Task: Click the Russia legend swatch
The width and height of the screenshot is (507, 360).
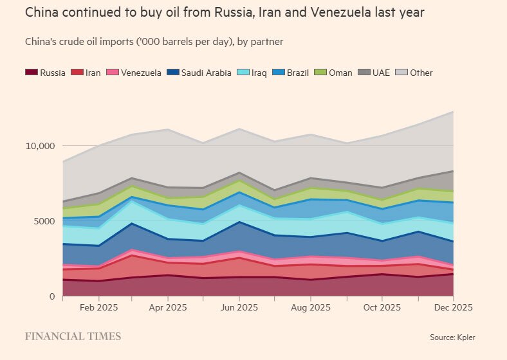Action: coord(32,73)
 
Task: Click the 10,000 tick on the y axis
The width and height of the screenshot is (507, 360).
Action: coord(41,146)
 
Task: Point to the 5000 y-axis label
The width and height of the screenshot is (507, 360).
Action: coord(44,221)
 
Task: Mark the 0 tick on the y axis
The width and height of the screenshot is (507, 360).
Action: coord(53,296)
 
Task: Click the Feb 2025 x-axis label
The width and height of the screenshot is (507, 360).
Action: coord(98,307)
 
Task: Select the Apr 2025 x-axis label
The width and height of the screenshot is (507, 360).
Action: coord(168,307)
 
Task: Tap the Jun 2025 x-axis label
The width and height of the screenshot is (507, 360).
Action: coord(239,307)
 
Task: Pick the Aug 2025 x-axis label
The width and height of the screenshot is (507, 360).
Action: coord(311,307)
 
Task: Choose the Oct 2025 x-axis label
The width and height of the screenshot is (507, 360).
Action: coord(382,307)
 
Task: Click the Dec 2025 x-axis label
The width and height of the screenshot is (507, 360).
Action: coord(452,307)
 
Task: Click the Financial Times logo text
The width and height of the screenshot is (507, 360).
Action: coord(73,336)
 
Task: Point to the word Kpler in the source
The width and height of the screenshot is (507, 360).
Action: coord(466,337)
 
